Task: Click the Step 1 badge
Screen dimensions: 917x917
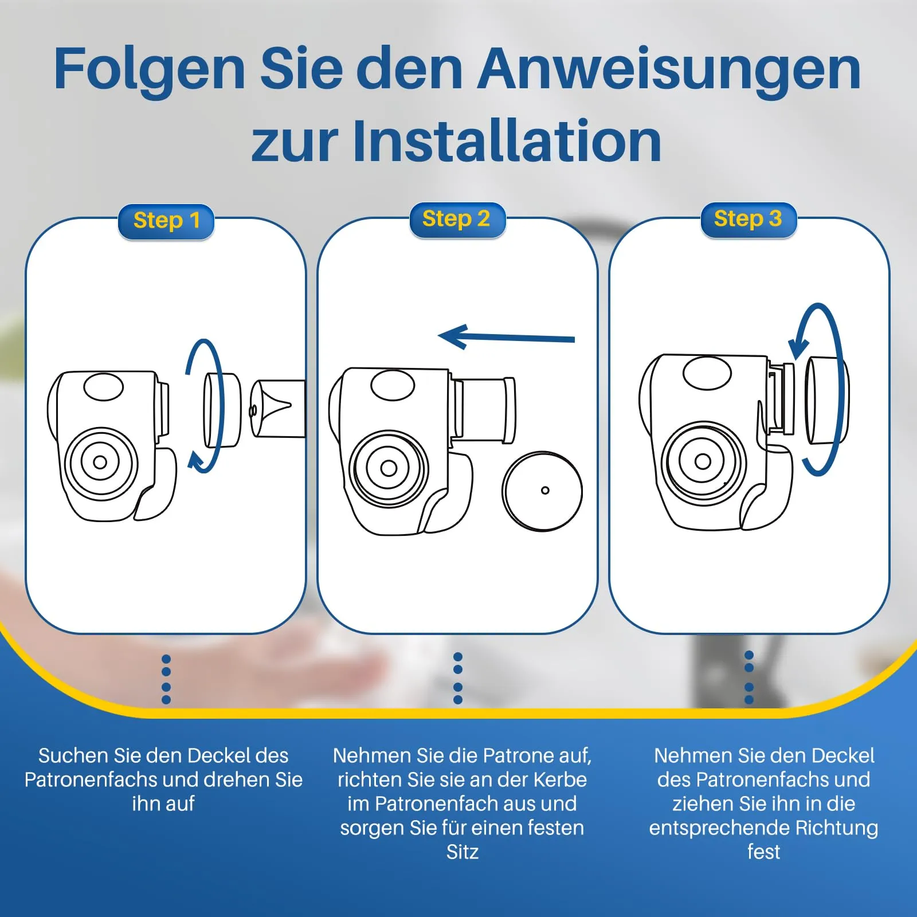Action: click(x=166, y=222)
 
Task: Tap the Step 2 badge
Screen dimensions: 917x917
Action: click(x=457, y=220)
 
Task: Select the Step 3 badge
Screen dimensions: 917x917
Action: click(x=749, y=220)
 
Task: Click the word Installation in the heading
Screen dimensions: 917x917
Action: click(x=507, y=141)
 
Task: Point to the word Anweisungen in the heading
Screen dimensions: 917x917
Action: click(x=669, y=69)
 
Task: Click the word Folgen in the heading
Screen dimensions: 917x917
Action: click(x=150, y=69)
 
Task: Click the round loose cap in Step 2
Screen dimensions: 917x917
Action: click(x=542, y=491)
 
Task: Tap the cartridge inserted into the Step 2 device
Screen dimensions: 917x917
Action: click(x=485, y=410)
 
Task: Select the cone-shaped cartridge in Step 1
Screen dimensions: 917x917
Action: click(x=278, y=409)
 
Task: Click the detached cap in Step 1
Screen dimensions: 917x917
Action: click(x=222, y=410)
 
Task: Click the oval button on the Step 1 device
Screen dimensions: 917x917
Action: click(x=104, y=387)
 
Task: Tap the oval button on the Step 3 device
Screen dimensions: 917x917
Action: click(x=707, y=373)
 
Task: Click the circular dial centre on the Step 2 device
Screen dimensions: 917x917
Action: click(x=389, y=468)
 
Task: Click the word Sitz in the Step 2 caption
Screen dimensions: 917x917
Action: click(x=463, y=852)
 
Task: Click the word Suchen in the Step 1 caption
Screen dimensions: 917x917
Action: click(x=74, y=755)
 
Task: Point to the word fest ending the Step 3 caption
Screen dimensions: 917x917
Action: click(x=763, y=852)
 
